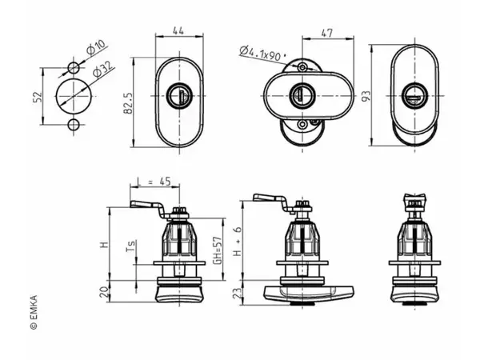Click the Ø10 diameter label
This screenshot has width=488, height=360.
[96, 47]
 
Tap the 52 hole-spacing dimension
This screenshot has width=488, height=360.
[38, 97]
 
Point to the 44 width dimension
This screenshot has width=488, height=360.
[178, 30]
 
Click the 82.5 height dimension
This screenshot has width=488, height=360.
[129, 103]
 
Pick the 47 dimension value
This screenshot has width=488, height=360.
[326, 33]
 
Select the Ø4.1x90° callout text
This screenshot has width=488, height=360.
[263, 54]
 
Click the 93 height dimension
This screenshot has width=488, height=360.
[366, 96]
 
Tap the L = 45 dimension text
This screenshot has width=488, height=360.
[154, 182]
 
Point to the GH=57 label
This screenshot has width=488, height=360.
[218, 250]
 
